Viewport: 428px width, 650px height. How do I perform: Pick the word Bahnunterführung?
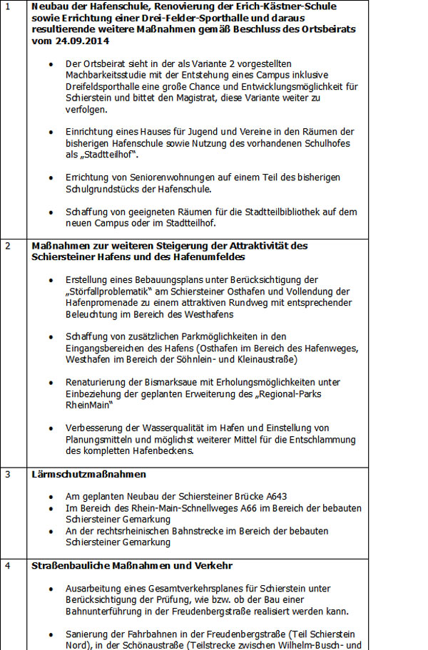click(102, 612)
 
